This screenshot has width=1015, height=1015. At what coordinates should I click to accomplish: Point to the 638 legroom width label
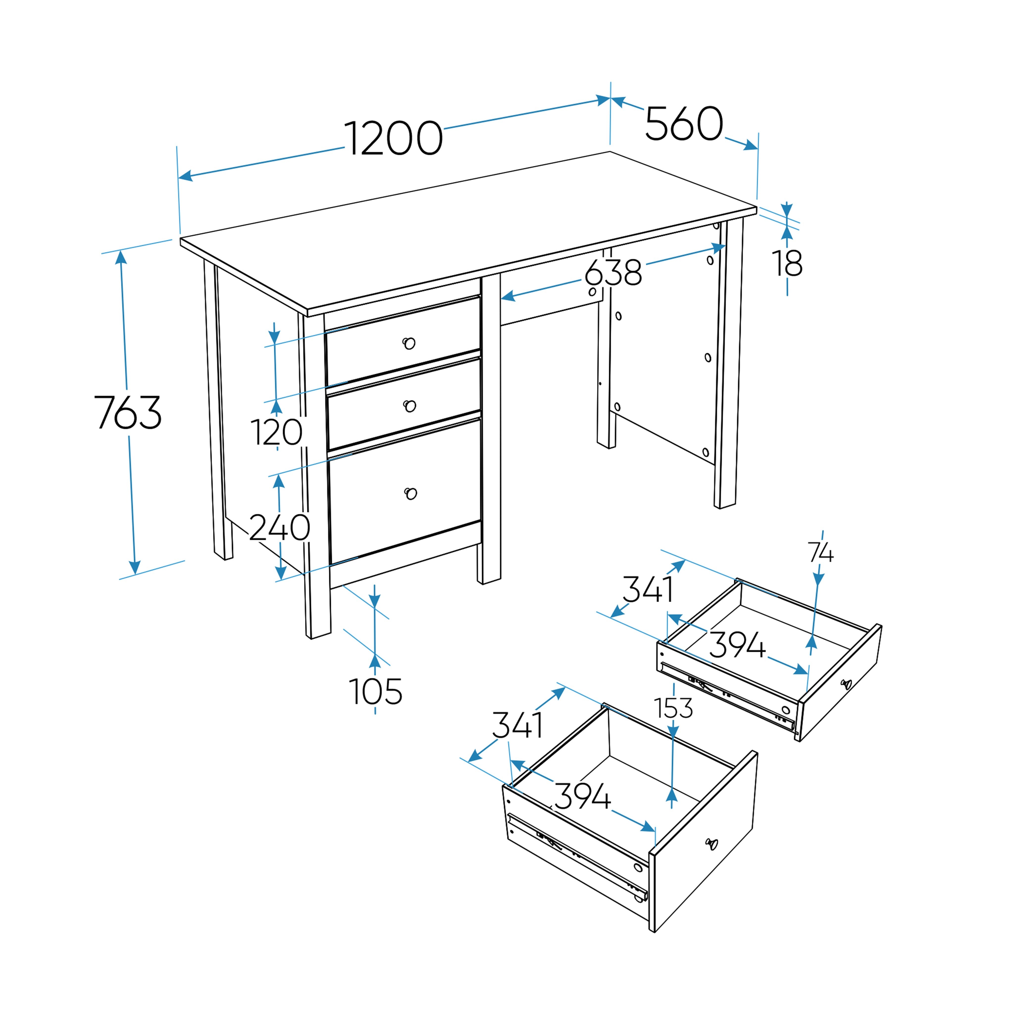(x=613, y=272)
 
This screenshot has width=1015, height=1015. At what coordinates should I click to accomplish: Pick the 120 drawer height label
(x=276, y=432)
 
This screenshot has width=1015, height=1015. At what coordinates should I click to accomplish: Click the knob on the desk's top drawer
(x=409, y=344)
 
